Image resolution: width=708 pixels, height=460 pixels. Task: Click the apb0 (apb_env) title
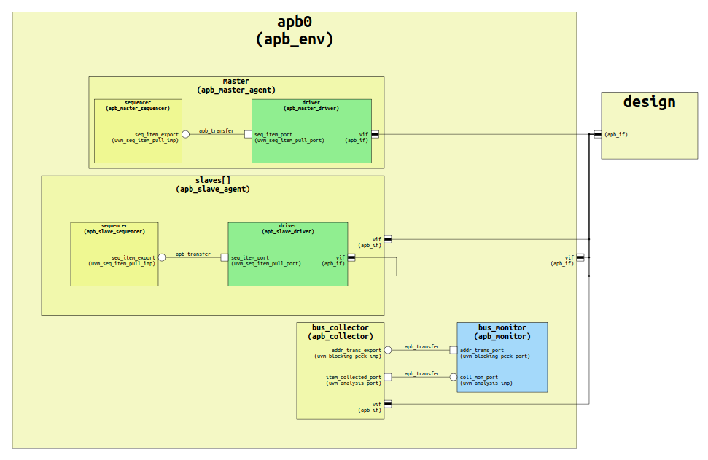[294, 31]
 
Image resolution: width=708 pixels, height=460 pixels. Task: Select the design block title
[649, 102]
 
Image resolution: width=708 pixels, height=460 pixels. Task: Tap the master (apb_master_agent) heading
[236, 85]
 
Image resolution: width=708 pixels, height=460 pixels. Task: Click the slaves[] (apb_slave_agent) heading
[212, 184]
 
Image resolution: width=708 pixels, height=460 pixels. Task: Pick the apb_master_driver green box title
[311, 105]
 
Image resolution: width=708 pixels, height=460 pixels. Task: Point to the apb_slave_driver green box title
[287, 228]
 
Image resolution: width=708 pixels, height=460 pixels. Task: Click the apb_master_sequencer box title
[138, 105]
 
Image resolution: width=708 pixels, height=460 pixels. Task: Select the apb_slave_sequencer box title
[114, 228]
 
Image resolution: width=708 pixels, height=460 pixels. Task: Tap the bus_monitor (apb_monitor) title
[502, 332]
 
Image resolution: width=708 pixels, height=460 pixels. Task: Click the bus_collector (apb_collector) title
[340, 332]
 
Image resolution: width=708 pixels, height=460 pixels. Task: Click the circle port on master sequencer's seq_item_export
[185, 134]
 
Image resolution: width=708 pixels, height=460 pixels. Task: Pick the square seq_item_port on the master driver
[248, 134]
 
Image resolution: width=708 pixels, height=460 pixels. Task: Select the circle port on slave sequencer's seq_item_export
[162, 257]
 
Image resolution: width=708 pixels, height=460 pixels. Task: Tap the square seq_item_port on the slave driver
[225, 257]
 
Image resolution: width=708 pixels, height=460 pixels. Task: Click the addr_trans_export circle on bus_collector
[388, 350]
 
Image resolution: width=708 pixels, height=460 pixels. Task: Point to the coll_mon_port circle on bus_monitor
[453, 377]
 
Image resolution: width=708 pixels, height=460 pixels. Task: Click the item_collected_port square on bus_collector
[388, 377]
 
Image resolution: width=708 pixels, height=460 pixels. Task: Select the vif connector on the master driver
[375, 134]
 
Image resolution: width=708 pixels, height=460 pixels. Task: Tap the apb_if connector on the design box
[598, 134]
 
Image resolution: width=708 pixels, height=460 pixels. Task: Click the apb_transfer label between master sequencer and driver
[217, 131]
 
